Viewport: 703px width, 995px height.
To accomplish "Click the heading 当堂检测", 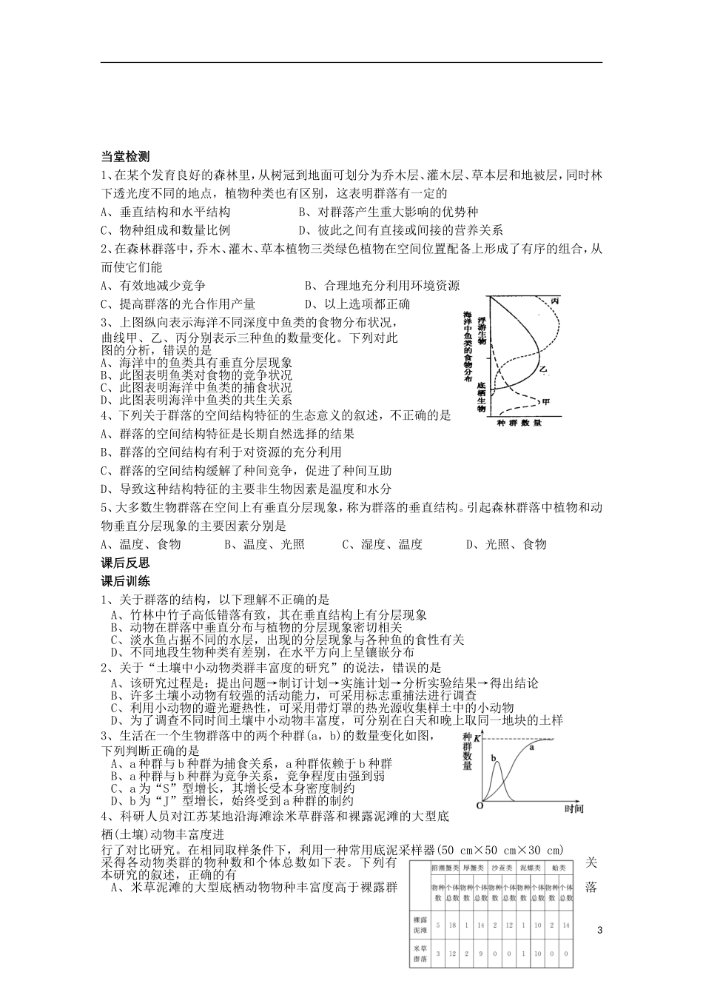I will pos(125,156).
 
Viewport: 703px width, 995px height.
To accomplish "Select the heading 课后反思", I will pos(125,563).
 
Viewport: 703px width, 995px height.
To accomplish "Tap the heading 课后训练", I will pos(125,581).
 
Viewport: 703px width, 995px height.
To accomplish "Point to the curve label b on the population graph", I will pos(494,757).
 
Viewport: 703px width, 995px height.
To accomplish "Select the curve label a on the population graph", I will pos(532,748).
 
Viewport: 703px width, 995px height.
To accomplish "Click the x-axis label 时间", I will pos(573,809).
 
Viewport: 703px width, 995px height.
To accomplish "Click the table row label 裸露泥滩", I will pos(419,925).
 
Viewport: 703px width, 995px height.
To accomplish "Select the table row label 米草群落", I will pos(419,954).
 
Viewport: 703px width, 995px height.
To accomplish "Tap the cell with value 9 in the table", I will pos(480,954).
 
